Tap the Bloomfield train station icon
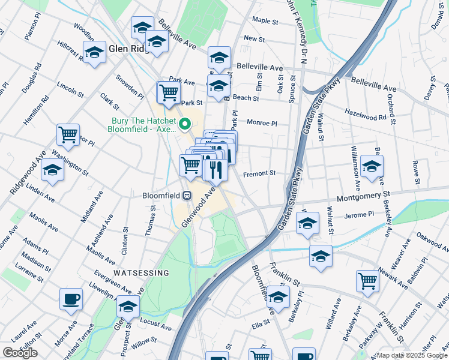point(187,195)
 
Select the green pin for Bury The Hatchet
point(185,125)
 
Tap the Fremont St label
point(259,173)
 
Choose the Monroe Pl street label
point(262,122)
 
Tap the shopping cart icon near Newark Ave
point(367,280)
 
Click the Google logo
point(20,353)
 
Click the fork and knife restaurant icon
point(214,170)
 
